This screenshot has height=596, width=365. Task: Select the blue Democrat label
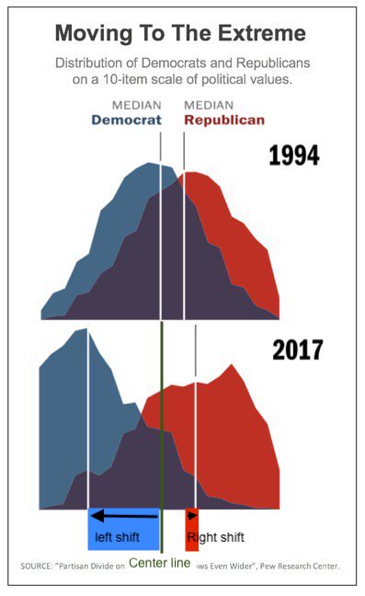[126, 120]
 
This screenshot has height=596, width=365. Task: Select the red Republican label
[224, 120]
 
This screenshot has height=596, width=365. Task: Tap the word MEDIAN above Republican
[209, 105]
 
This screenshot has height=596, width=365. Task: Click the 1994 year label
[293, 155]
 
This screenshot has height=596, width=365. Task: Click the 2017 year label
[297, 350]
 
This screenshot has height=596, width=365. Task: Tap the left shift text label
[117, 537]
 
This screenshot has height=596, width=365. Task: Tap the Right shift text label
[216, 537]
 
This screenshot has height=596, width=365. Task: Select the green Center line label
[160, 563]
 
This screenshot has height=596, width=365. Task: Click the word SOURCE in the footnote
[40, 566]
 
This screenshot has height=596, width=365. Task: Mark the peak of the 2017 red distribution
[234, 365]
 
